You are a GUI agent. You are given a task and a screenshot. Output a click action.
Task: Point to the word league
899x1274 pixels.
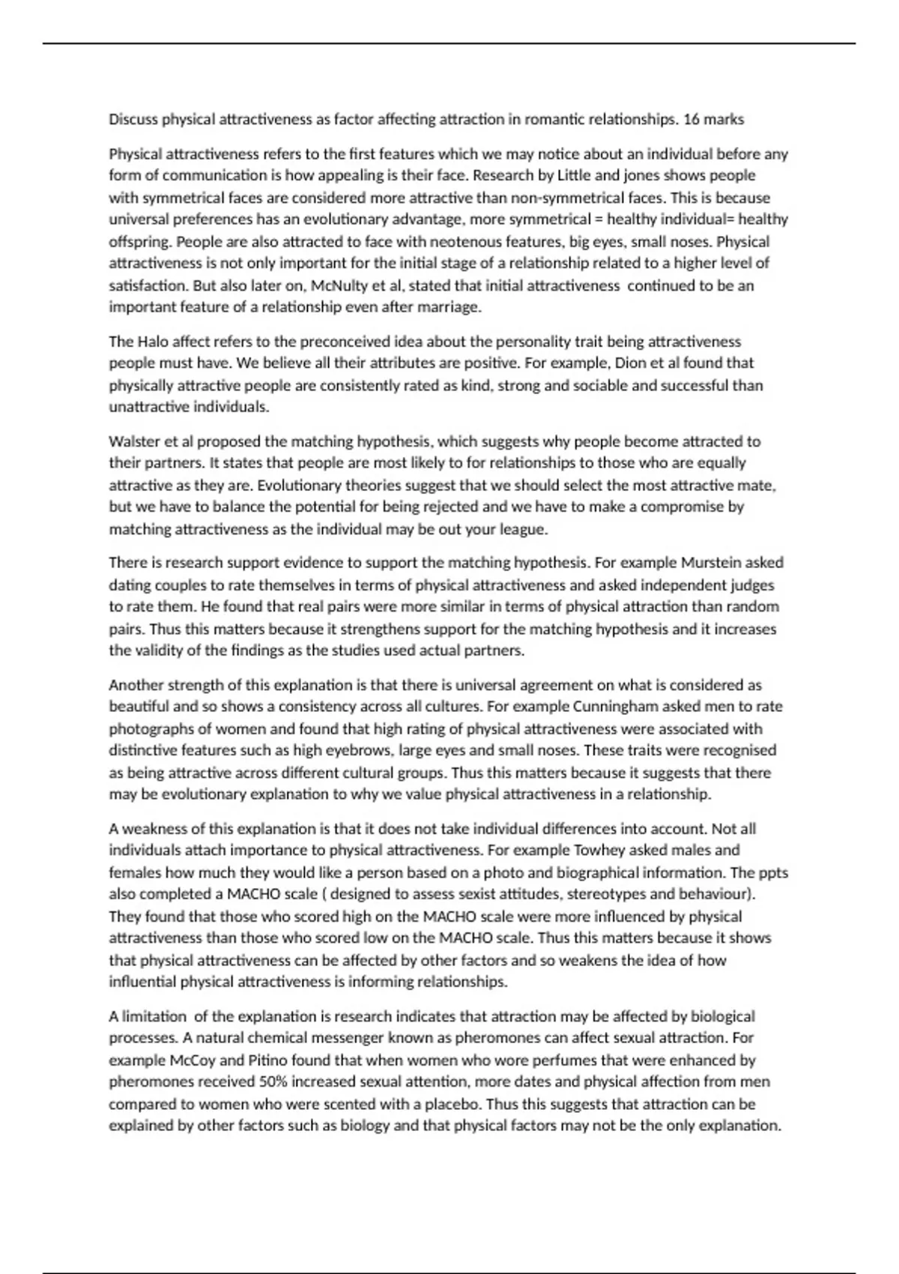[x=524, y=529]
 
